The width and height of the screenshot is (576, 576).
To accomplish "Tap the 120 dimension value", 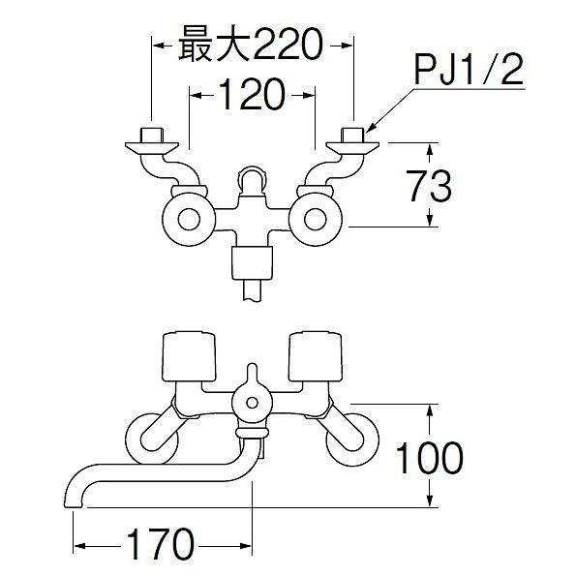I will click(251, 95).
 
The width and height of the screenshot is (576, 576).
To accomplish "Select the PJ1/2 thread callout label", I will click(469, 73).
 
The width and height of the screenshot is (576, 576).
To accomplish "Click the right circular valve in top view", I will click(318, 219).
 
